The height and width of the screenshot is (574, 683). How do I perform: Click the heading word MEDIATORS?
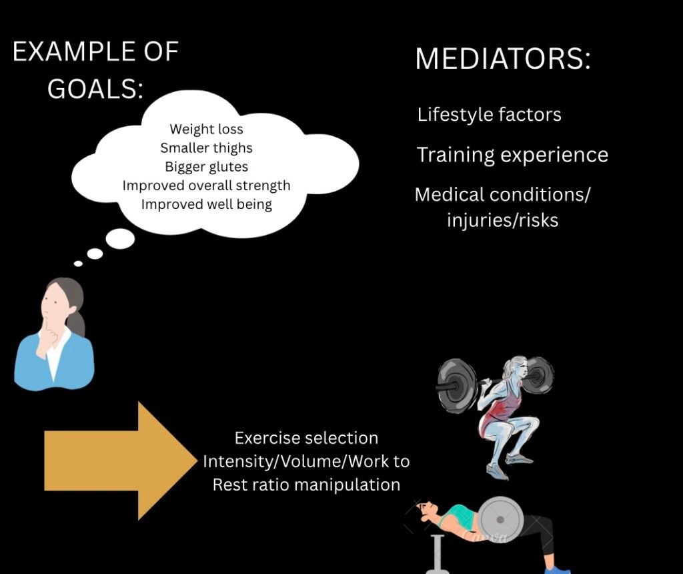(503, 58)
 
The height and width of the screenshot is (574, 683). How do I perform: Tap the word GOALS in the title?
(95, 89)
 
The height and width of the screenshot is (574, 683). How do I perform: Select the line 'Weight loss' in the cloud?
(207, 129)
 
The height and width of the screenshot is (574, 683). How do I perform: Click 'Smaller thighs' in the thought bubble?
(207, 148)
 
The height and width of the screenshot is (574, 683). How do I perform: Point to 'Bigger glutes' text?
(207, 166)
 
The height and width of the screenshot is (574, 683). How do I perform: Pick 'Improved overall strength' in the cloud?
(207, 186)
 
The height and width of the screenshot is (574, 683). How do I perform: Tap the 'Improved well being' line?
(207, 204)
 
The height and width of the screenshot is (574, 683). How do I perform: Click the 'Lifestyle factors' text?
(489, 115)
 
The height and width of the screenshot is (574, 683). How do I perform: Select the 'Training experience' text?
(512, 155)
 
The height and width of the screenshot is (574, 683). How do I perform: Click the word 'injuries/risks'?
(503, 220)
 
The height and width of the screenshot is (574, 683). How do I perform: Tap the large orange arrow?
(121, 461)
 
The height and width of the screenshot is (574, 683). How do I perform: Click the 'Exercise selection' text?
(306, 438)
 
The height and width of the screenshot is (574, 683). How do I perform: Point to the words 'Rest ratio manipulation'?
(306, 485)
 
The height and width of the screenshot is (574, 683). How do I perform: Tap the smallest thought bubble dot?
(79, 263)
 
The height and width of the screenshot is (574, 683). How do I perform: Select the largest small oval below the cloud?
(120, 239)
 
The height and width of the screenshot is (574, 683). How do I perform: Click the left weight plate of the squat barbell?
(456, 385)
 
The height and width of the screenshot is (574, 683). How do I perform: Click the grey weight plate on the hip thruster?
(500, 519)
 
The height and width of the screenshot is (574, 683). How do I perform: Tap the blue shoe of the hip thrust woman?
(557, 569)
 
